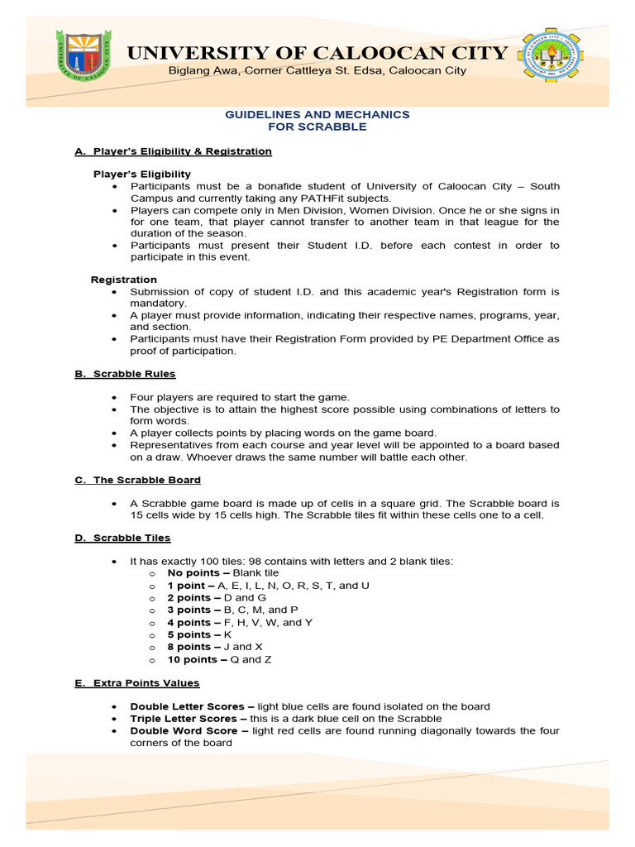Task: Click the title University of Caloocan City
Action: coord(317,53)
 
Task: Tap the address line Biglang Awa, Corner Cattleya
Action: coord(317,70)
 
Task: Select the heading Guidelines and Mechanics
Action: coord(317,114)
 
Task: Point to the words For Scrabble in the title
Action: coord(317,127)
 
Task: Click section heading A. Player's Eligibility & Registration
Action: coord(173,151)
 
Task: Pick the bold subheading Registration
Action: coord(123,280)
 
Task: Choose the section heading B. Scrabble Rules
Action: coord(125,374)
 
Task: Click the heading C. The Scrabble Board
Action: coord(137,480)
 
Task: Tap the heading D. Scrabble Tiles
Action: coord(122,538)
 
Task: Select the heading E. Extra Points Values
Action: coord(136,683)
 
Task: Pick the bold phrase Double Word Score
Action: coord(186,731)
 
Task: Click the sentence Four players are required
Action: coord(240,397)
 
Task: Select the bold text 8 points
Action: coord(191,647)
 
